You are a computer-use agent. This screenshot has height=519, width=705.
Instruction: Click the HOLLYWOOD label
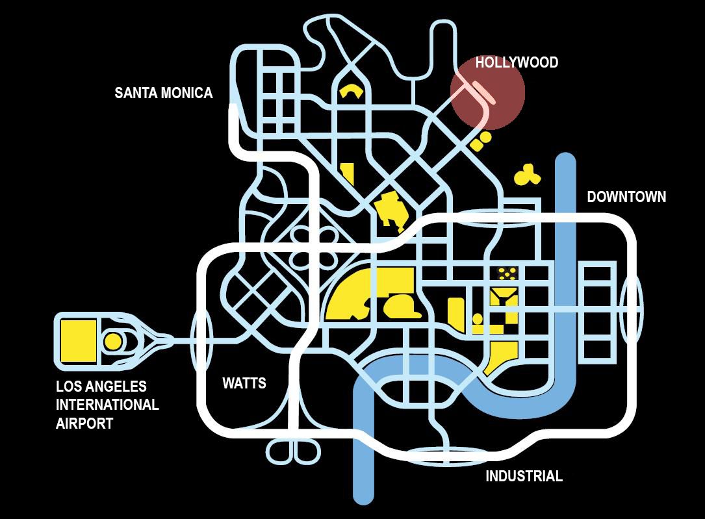pyautogui.click(x=517, y=62)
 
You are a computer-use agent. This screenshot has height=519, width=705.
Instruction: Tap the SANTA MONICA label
pyautogui.click(x=163, y=93)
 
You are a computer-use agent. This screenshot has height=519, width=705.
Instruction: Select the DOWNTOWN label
pyautogui.click(x=626, y=197)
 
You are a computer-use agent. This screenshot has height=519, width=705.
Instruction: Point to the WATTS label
pyautogui.click(x=244, y=383)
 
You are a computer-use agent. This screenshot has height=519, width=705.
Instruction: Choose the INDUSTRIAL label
pyautogui.click(x=524, y=476)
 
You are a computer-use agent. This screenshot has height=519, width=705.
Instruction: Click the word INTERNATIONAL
pyautogui.click(x=107, y=405)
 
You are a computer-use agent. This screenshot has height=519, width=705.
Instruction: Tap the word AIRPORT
pyautogui.click(x=85, y=424)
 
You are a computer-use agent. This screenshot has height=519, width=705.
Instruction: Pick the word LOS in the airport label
pyautogui.click(x=68, y=386)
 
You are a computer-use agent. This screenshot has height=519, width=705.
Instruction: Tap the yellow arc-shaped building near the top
pyautogui.click(x=351, y=90)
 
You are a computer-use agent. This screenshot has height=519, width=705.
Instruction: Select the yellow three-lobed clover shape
pyautogui.click(x=526, y=174)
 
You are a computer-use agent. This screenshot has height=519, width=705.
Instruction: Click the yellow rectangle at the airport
pyautogui.click(x=78, y=340)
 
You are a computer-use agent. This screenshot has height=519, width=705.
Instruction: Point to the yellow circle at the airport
pyautogui.click(x=113, y=341)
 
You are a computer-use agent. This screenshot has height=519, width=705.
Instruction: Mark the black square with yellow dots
pyautogui.click(x=507, y=273)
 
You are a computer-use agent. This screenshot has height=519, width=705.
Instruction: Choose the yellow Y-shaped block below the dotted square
pyautogui.click(x=503, y=299)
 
